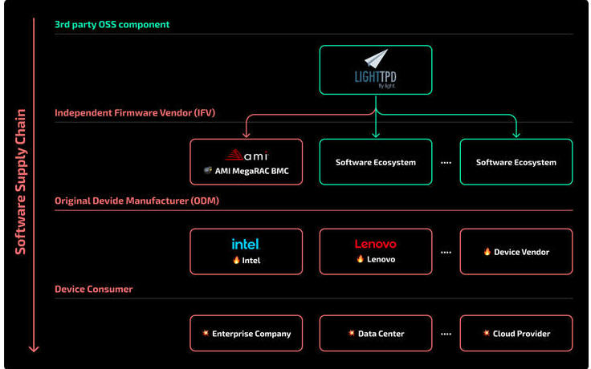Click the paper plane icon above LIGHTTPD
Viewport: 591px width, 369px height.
click(376, 59)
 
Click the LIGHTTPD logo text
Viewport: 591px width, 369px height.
click(376, 78)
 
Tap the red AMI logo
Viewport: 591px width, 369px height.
click(247, 155)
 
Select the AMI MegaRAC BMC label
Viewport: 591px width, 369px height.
click(252, 172)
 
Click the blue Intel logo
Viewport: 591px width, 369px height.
click(246, 244)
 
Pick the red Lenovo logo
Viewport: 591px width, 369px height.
click(376, 244)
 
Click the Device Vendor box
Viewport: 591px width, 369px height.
click(516, 252)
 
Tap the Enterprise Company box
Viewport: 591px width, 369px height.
click(247, 333)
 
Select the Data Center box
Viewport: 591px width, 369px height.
click(376, 333)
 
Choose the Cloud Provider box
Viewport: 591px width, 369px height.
click(516, 333)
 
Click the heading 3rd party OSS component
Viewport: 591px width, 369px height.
click(112, 25)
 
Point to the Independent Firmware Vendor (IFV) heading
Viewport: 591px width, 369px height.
click(135, 112)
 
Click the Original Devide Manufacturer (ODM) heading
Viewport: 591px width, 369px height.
click(137, 201)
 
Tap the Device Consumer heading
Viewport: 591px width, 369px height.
click(93, 289)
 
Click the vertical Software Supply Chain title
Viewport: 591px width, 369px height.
click(20, 182)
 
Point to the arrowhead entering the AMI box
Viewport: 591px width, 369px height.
click(247, 135)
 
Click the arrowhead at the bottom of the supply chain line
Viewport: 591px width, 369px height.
click(34, 348)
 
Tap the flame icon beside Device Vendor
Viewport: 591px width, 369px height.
click(487, 251)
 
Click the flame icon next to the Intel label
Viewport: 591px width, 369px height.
click(236, 260)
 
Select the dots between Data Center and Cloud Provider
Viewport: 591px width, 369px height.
click(446, 334)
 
